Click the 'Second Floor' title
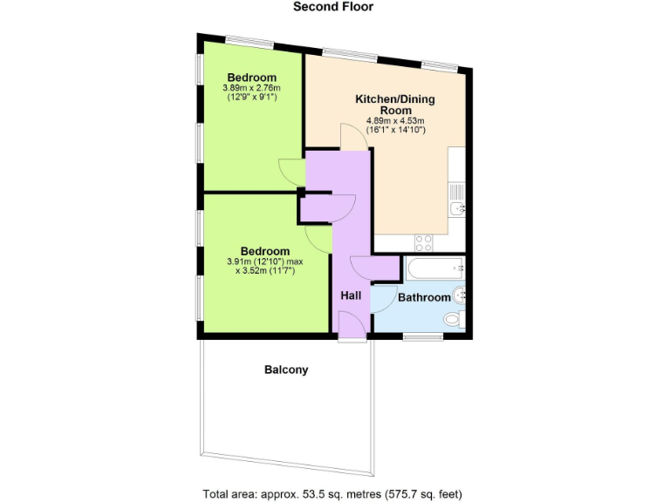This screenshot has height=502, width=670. click(x=335, y=8)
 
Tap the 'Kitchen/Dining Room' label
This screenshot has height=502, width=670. click(x=394, y=105)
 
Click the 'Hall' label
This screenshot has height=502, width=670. click(x=351, y=296)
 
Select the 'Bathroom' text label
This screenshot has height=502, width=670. click(x=424, y=298)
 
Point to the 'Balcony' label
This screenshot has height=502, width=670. click(x=286, y=370)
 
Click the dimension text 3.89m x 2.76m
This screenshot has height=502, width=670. click(x=252, y=88)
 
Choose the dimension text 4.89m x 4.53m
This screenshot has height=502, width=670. click(x=394, y=121)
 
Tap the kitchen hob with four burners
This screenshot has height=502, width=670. click(x=424, y=241)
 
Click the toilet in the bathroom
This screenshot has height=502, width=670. click(x=455, y=321)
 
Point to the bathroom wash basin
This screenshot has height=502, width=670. click(x=461, y=296)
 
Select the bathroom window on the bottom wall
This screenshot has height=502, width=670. click(x=421, y=336)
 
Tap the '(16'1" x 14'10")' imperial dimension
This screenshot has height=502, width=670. click(x=394, y=130)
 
